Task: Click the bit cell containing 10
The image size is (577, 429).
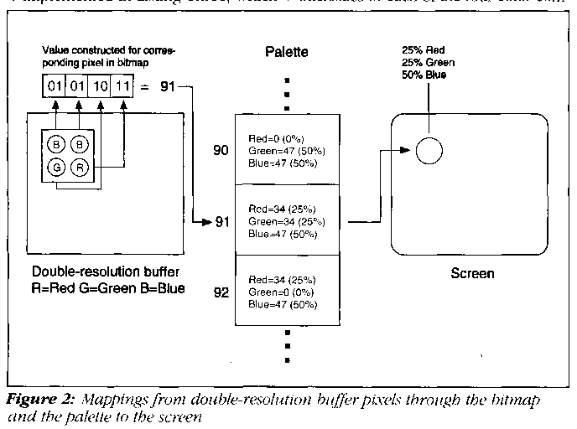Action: pyautogui.click(x=99, y=86)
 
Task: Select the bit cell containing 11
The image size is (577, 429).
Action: pyautogui.click(x=123, y=86)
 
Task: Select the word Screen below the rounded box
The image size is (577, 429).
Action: pyautogui.click(x=473, y=274)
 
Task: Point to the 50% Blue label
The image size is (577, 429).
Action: pyautogui.click(x=425, y=74)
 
